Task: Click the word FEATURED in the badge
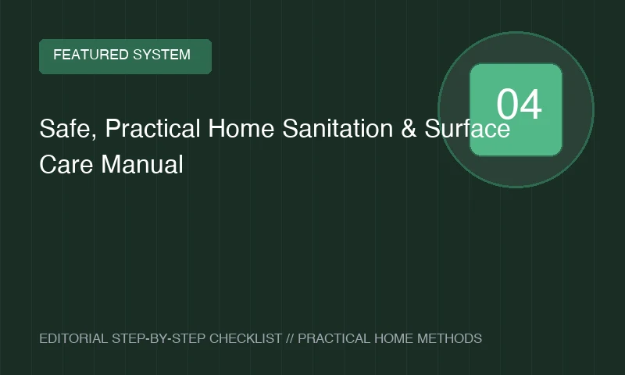(91, 55)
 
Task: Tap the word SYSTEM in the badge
(162, 55)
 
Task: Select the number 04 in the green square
(519, 105)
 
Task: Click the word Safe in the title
(65, 128)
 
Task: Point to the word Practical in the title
(152, 128)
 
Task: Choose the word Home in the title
(241, 128)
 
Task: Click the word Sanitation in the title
(337, 128)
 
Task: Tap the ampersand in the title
(409, 128)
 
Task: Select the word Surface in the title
(467, 128)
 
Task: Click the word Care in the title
(66, 164)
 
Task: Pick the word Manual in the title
(142, 164)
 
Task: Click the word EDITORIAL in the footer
(73, 338)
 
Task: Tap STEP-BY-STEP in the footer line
(159, 338)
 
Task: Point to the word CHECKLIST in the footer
(245, 338)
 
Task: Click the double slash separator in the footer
(290, 338)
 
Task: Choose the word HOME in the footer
(394, 338)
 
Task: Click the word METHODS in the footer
(450, 338)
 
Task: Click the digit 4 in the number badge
(531, 105)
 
